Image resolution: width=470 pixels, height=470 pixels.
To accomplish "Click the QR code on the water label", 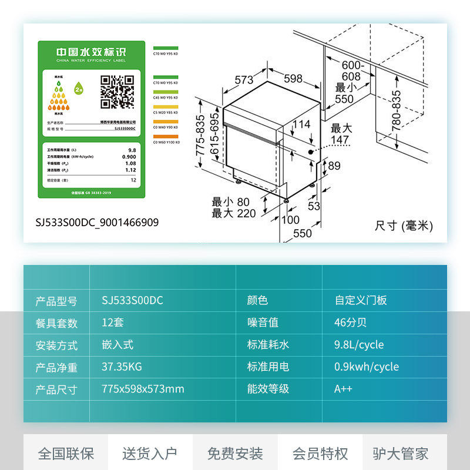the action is (x=117, y=92).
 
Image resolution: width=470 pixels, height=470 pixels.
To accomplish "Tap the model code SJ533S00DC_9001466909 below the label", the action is (x=97, y=223).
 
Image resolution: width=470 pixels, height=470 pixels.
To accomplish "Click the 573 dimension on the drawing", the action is (x=244, y=80).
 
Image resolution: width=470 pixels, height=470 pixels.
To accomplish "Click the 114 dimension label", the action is (x=301, y=125).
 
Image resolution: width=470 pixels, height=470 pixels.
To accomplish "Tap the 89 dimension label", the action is (x=334, y=166).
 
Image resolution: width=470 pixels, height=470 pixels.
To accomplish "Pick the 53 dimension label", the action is (x=314, y=206).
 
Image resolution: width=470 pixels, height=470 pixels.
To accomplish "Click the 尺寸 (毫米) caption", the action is (x=403, y=226).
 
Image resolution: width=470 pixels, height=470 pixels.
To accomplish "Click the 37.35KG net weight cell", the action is (x=122, y=367).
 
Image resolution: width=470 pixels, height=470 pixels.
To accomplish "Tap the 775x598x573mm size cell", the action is (x=143, y=389).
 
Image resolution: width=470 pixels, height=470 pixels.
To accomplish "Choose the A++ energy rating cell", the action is (x=343, y=389).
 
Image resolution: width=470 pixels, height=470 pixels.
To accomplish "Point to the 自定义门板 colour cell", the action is (x=361, y=300).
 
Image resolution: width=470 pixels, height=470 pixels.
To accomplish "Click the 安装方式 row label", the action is (x=56, y=345).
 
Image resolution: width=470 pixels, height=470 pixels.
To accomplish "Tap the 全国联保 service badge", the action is (x=66, y=454).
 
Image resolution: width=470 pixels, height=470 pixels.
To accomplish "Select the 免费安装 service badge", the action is (x=235, y=454).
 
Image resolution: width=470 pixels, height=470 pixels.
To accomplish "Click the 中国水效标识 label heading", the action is (x=90, y=52).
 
